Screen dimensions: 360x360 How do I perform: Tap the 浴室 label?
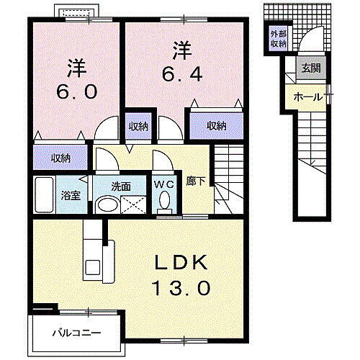[x=69, y=194]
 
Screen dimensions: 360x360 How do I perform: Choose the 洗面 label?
[x=120, y=185]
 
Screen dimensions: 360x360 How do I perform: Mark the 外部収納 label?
[x=278, y=38]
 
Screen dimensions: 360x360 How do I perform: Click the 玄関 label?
[x=311, y=68]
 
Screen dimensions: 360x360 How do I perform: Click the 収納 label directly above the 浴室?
[x=60, y=158]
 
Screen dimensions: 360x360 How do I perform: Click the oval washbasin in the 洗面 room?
[x=107, y=204]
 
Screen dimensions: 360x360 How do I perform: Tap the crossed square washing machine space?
[x=131, y=203]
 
